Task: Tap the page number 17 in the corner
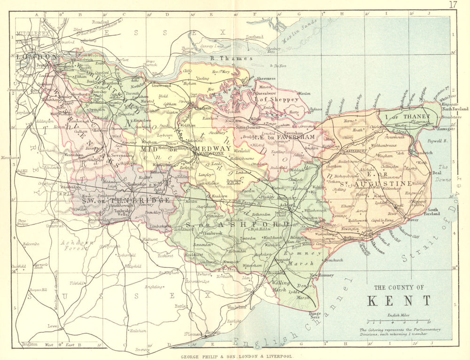[x=453, y=5]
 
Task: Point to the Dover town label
[x=413, y=219]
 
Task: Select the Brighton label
[x=30, y=345]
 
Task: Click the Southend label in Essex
[x=255, y=37]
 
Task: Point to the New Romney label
[x=321, y=275]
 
